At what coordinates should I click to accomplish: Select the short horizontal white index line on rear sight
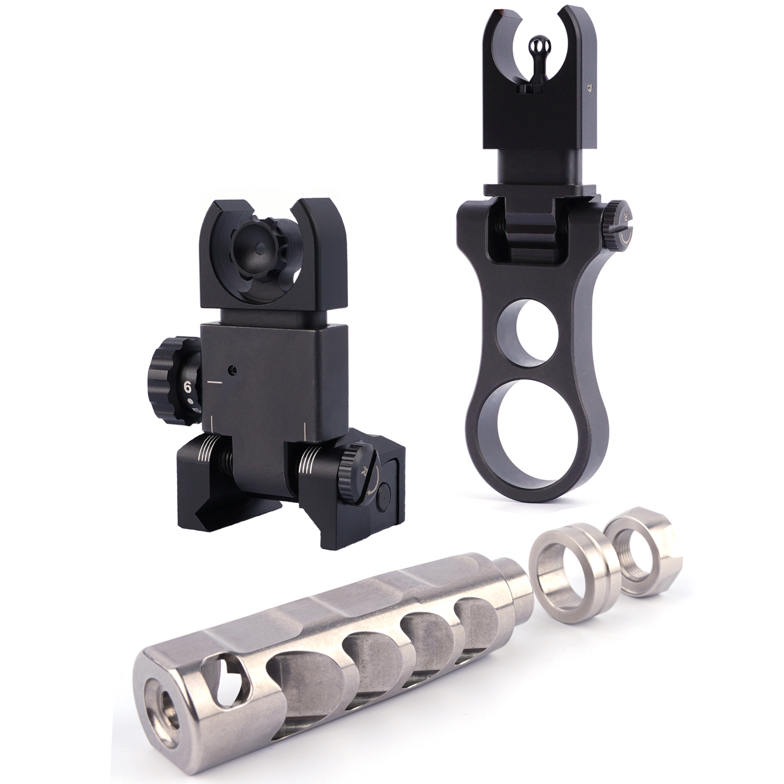pyautogui.click(x=215, y=383)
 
